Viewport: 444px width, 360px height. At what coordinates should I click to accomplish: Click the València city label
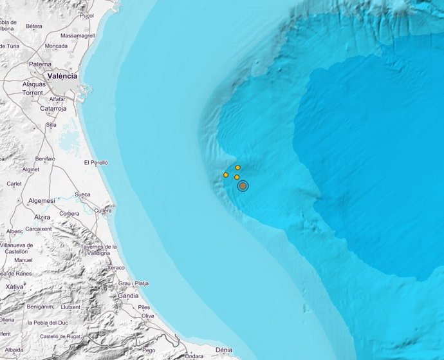[x=62, y=76]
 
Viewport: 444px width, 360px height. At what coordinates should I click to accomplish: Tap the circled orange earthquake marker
[x=243, y=186]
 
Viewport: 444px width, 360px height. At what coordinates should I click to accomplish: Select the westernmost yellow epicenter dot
[x=226, y=175]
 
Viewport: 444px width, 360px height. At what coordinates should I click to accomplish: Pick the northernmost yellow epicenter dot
[x=237, y=167]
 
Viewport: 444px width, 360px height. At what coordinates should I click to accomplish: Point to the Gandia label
[x=128, y=296]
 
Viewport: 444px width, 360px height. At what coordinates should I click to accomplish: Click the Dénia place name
[x=224, y=350]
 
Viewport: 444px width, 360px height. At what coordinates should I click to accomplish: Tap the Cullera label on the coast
[x=102, y=210]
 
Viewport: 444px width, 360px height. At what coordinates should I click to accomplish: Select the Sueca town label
[x=82, y=194]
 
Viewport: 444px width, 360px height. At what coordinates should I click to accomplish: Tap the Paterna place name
[x=40, y=64]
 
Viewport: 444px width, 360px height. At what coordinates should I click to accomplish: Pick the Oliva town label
[x=148, y=316]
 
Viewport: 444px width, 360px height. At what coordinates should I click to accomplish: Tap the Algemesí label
[x=42, y=201]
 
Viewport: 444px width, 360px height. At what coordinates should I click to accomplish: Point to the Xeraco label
[x=116, y=267]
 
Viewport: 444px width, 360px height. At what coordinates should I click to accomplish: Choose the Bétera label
[x=34, y=26]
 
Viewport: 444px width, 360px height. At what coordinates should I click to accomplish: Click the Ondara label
[x=194, y=356]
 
